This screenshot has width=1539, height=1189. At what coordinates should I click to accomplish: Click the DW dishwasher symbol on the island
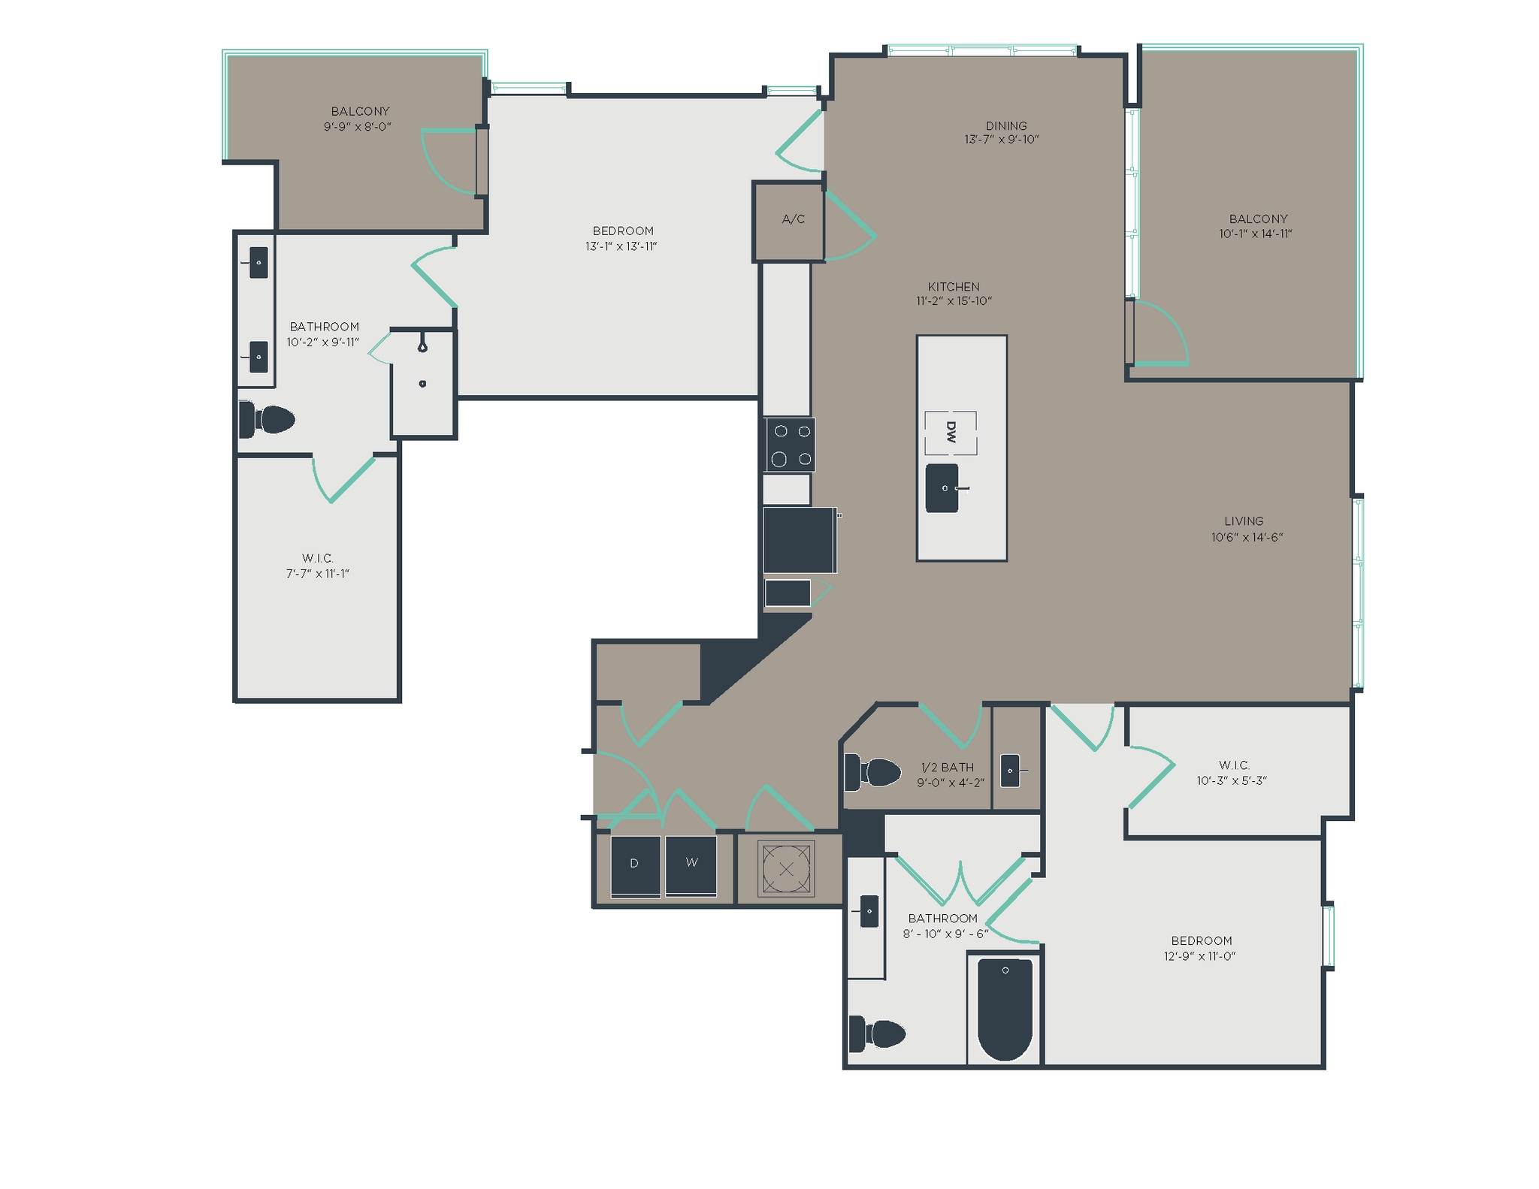point(951,433)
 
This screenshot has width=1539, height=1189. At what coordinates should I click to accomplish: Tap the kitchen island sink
point(942,488)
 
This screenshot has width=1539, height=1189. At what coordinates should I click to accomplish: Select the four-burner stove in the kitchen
point(791,445)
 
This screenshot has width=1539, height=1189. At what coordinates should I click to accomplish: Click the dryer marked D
point(635,865)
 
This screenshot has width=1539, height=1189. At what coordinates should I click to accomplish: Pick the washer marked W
point(691,865)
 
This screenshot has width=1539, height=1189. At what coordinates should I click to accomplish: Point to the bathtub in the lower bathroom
point(1005,1009)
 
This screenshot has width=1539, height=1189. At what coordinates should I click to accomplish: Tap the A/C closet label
point(793,219)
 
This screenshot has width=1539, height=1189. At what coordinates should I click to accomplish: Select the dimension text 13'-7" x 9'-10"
point(1002,140)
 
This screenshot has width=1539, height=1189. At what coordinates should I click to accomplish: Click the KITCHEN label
point(953,287)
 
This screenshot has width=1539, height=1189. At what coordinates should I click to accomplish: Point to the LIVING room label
point(1243,521)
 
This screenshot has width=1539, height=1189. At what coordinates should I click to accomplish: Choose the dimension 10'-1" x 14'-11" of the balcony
point(1255,234)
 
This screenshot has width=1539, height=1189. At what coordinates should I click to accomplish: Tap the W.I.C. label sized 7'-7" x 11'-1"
point(317,558)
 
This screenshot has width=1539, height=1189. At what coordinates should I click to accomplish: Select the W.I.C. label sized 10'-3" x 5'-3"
point(1233,765)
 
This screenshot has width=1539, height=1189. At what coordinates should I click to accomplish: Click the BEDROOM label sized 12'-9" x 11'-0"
point(1201,940)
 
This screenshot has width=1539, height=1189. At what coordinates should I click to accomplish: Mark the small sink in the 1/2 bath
point(1011,771)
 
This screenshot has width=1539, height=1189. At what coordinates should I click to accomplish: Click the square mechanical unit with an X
point(786,869)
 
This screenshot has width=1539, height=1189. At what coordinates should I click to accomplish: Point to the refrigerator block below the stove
point(799,540)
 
